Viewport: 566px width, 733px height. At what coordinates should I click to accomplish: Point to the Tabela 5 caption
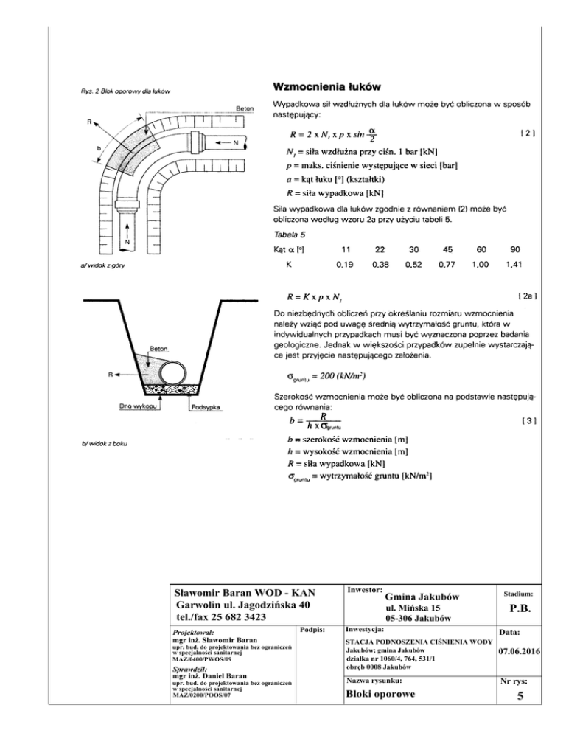[x=288, y=235]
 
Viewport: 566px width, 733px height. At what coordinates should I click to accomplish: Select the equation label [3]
[x=527, y=421]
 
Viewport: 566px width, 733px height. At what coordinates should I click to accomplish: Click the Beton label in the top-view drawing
[x=245, y=107]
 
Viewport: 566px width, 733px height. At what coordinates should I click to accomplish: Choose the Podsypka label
[x=210, y=406]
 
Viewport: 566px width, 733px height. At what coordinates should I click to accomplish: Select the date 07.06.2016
[x=520, y=651]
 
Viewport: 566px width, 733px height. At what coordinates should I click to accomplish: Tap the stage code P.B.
[x=520, y=609]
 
